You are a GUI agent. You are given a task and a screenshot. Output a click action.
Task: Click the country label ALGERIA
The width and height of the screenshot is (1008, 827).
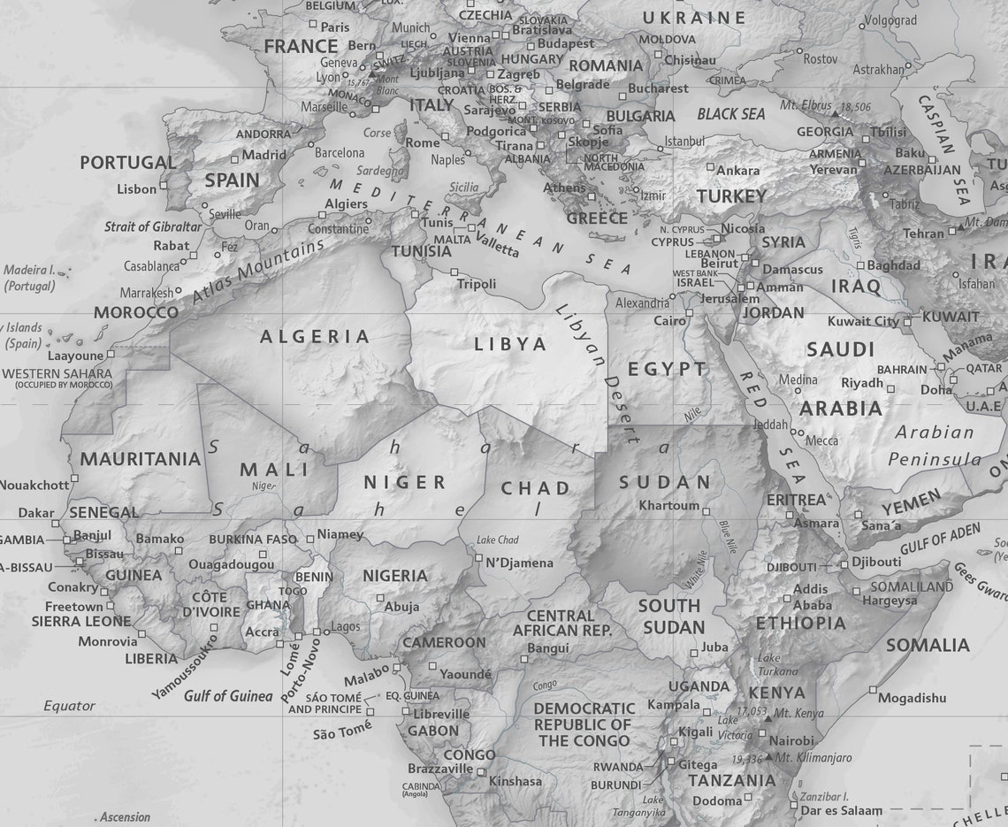[x=314, y=336]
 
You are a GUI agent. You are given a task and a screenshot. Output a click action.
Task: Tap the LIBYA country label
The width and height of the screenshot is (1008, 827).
[x=510, y=344]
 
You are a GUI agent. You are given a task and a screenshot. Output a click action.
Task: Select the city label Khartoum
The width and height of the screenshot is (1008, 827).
[x=668, y=506]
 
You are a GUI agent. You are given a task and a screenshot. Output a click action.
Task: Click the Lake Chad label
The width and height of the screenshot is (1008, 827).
[x=497, y=540]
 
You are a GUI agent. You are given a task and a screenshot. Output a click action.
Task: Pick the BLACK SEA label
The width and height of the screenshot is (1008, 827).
[x=730, y=114]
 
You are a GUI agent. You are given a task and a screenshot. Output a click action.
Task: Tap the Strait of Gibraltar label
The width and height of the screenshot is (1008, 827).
[x=153, y=226]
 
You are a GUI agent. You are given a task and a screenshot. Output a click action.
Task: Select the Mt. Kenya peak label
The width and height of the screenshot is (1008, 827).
[x=798, y=713]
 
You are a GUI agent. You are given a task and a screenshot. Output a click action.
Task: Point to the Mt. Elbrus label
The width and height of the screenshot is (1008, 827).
[x=805, y=105]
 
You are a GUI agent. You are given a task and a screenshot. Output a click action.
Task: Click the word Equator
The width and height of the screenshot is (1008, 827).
[x=69, y=706]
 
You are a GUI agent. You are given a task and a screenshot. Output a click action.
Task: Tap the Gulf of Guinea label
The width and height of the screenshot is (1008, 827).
[x=228, y=696]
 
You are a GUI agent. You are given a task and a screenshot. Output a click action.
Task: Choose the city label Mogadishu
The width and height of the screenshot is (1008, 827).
[x=912, y=698]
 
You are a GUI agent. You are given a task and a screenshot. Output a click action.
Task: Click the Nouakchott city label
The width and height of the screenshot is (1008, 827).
[x=34, y=485]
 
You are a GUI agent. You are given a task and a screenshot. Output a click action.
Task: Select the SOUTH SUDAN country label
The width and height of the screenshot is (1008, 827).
[x=670, y=616]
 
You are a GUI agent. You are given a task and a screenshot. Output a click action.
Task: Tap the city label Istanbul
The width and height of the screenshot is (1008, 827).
[x=684, y=141]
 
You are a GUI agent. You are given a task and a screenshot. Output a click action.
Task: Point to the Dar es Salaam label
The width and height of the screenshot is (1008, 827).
[x=841, y=810]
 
